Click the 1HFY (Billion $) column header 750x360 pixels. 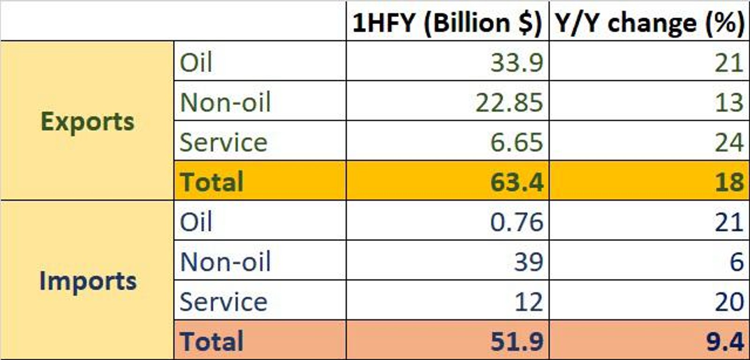coord(447,22)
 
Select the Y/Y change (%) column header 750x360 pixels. coord(650,22)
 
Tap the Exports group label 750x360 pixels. coord(88,121)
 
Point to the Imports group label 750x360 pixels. coord(88,281)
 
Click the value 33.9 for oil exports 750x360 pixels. coord(517,62)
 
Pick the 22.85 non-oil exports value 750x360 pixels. coord(509,102)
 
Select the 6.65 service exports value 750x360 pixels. coord(517,142)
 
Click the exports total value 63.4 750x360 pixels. coord(517,182)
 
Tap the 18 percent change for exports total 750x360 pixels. coord(729,182)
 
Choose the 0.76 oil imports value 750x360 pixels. coord(517,222)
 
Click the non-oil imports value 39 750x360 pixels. coord(528,262)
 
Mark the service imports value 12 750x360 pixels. coord(528,301)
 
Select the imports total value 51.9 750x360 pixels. coord(517,341)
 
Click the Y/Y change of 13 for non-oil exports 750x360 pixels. coord(729,102)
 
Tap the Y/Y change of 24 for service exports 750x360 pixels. coord(729,142)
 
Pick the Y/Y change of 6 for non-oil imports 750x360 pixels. coord(736,262)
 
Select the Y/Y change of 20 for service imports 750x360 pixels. coord(729,301)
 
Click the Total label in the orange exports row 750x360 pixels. coord(212,182)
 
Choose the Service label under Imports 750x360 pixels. coord(223,301)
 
